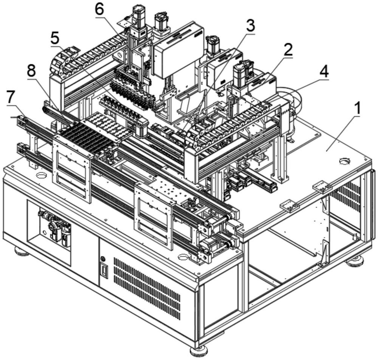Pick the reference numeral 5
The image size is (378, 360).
(x=55, y=39)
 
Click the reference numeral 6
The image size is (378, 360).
(x=99, y=10)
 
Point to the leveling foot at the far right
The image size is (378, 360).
(x=355, y=261)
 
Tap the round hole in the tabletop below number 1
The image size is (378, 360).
(x=344, y=161)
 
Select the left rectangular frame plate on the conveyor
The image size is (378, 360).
(x=73, y=168)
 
